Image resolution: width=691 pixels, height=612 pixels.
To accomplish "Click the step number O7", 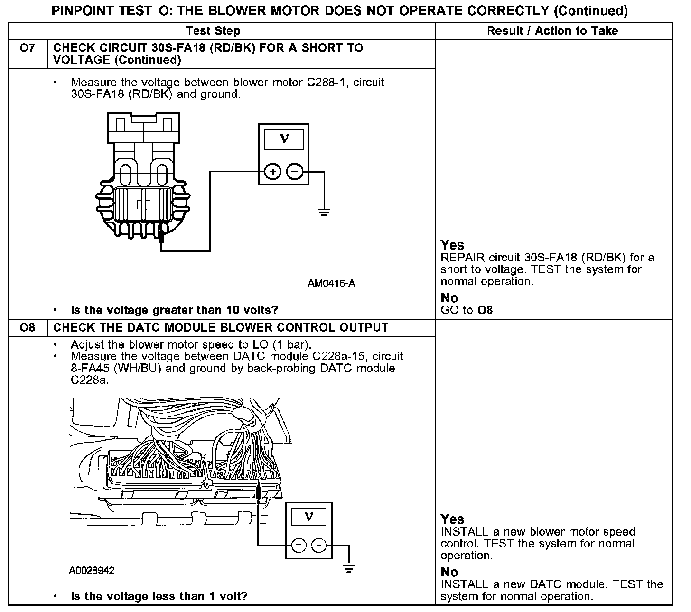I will pyautogui.click(x=28, y=48).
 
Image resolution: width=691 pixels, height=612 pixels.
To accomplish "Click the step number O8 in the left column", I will pyautogui.click(x=28, y=328).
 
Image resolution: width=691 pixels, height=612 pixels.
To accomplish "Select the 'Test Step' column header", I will pyautogui.click(x=213, y=31).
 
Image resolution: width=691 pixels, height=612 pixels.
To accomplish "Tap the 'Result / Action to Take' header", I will pyautogui.click(x=552, y=31).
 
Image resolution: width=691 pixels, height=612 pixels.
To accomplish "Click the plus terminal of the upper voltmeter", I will pyautogui.click(x=272, y=172).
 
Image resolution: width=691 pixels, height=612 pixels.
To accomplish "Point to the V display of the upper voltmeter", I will pyautogui.click(x=284, y=139).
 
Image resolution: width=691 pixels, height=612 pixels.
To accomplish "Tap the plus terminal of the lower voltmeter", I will pyautogui.click(x=298, y=546).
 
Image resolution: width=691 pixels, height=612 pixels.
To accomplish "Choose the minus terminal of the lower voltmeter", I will pyautogui.click(x=319, y=546).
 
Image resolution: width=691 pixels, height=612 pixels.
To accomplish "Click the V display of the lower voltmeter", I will pyautogui.click(x=308, y=517).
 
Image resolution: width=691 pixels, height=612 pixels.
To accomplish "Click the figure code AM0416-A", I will pyautogui.click(x=331, y=284).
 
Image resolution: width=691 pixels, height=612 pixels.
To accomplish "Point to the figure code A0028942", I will pyautogui.click(x=92, y=570).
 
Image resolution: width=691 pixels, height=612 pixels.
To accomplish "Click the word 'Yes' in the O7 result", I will pyautogui.click(x=452, y=245).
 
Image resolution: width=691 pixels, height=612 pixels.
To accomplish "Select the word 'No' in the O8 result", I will pyautogui.click(x=449, y=572).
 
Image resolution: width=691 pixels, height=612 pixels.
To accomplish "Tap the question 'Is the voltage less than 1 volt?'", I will pyautogui.click(x=159, y=596).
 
